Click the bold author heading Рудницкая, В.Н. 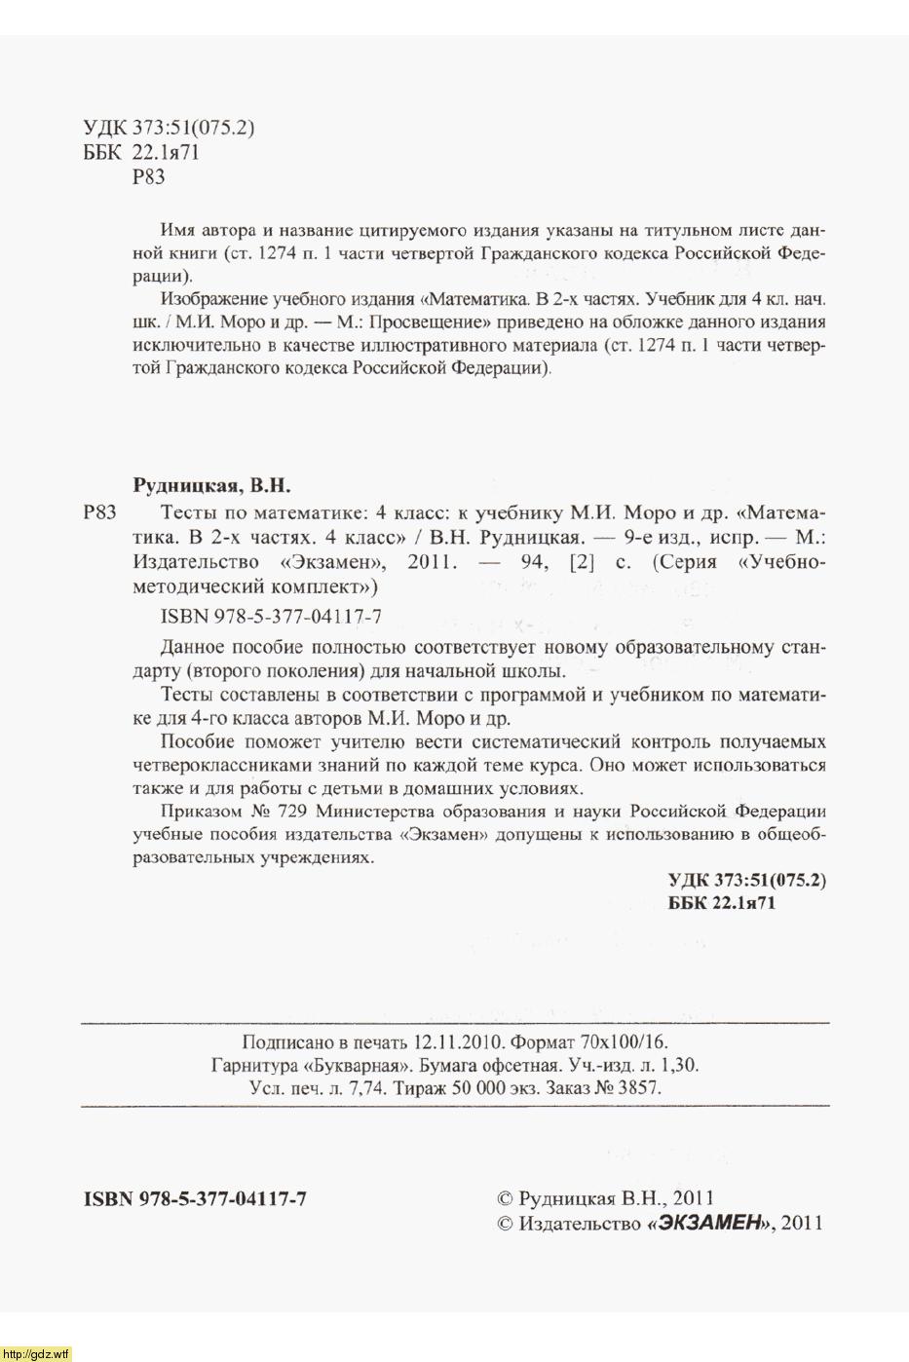pos(211,484)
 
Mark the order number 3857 pos(638,1088)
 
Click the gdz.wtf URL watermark pos(36,1354)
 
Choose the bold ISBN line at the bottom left pos(196,1199)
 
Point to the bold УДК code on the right pos(746,880)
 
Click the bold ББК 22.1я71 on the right pos(721,903)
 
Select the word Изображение pos(208,298)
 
